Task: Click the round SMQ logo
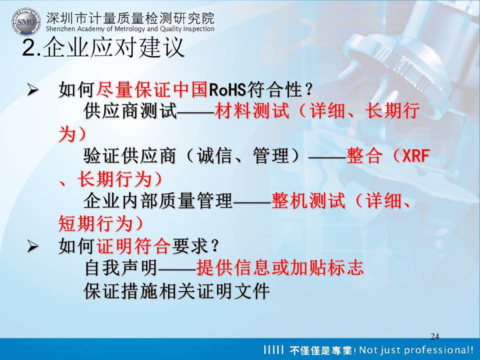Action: pyautogui.click(x=26, y=22)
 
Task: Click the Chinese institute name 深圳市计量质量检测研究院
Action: pyautogui.click(x=130, y=18)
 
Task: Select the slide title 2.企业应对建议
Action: pyautogui.click(x=103, y=47)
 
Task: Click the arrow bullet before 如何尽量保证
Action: pyautogui.click(x=33, y=90)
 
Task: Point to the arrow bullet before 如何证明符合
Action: pyautogui.click(x=33, y=246)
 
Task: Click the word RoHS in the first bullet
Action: pyautogui.click(x=227, y=90)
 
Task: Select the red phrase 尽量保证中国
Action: pyautogui.click(x=152, y=90)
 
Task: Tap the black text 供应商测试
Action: pyautogui.click(x=130, y=111)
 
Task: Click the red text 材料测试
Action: pyautogui.click(x=252, y=111)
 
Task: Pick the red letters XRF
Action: pyautogui.click(x=416, y=156)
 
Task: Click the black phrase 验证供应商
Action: pyautogui.click(x=130, y=156)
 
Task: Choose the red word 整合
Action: pyautogui.click(x=364, y=156)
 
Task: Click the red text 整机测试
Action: pyautogui.click(x=308, y=201)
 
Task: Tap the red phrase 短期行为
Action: pyautogui.click(x=95, y=224)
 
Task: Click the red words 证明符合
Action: pyautogui.click(x=133, y=246)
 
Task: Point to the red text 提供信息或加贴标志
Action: pyautogui.click(x=280, y=268)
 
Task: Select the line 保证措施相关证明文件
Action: pyautogui.click(x=176, y=291)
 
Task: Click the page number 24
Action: pyautogui.click(x=434, y=336)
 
